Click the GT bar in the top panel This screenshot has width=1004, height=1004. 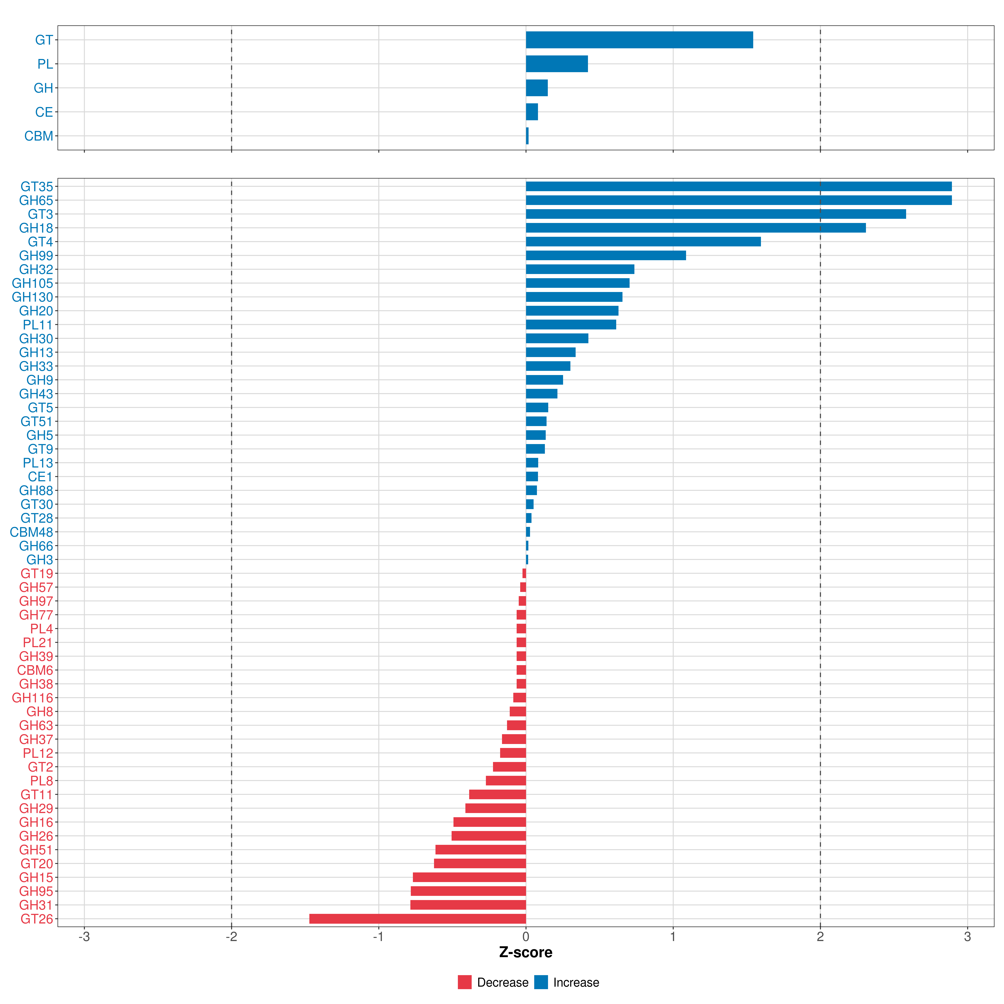click(x=639, y=40)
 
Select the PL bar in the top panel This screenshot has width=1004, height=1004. click(x=557, y=64)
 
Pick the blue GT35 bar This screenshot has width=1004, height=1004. click(x=738, y=187)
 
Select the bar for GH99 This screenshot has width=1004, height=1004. click(x=605, y=256)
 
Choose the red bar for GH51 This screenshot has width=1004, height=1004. click(x=481, y=850)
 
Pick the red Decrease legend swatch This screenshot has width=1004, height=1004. click(x=465, y=982)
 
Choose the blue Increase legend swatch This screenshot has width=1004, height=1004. click(x=541, y=982)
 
